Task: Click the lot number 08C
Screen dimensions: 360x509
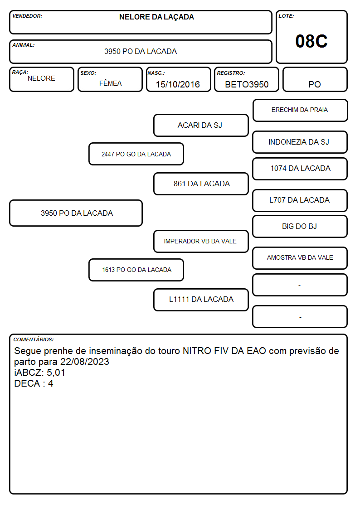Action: tap(311, 41)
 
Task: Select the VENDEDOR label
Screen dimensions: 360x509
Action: tap(27, 16)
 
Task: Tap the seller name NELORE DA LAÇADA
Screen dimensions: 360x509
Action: tap(156, 17)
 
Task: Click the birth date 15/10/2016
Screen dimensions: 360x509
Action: tap(178, 84)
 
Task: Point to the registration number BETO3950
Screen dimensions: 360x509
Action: tap(247, 84)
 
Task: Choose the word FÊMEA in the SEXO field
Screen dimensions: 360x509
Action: tap(110, 83)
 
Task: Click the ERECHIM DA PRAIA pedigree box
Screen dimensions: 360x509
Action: tap(300, 111)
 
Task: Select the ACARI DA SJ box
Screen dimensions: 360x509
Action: tap(201, 125)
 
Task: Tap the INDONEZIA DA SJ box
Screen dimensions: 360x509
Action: tap(300, 142)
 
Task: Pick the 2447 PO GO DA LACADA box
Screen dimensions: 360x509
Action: tap(136, 154)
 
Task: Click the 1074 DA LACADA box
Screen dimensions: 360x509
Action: tap(300, 169)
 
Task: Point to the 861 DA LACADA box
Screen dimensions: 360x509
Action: tap(201, 184)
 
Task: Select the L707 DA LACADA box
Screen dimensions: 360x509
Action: tap(300, 200)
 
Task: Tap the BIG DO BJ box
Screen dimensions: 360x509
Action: tap(300, 227)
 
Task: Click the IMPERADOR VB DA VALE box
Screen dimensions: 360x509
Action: tap(201, 241)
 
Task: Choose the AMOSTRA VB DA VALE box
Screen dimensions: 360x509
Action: tap(300, 258)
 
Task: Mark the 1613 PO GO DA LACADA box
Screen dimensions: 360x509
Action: tap(136, 270)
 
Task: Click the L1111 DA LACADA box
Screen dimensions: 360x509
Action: tap(201, 300)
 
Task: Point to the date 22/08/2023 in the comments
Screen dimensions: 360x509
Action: tap(85, 362)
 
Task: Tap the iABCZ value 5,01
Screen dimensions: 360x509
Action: tap(56, 373)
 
